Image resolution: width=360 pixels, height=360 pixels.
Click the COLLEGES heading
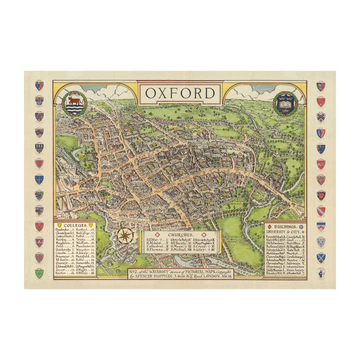(75, 225)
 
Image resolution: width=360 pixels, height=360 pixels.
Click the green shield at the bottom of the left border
(39, 273)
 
